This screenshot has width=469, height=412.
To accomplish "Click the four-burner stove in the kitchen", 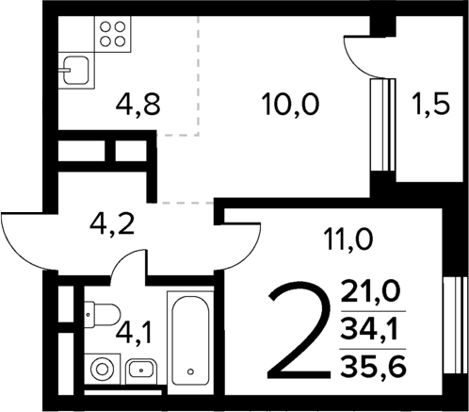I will tap(111, 35).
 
